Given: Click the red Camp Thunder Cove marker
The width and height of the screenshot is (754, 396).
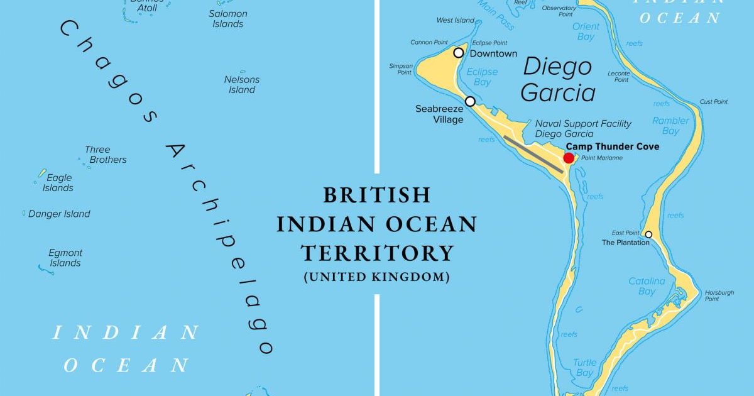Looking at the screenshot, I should [569, 158].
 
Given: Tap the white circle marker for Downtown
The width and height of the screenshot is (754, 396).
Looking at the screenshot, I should [459, 53].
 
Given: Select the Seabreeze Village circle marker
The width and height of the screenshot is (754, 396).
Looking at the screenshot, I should [470, 101].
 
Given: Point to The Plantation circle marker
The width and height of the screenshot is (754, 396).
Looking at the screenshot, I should [648, 234].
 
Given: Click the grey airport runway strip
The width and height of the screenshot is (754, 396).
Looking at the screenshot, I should [533, 154].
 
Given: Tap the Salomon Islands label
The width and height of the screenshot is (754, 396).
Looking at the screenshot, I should [227, 19].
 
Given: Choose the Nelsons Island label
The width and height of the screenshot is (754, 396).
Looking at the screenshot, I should [242, 84].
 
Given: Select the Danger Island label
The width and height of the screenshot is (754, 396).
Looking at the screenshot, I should [59, 214].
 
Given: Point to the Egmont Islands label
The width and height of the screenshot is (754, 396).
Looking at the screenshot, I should [65, 258].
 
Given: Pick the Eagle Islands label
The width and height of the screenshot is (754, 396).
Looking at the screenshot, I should [58, 183].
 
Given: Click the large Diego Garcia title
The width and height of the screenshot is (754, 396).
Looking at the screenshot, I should [558, 80].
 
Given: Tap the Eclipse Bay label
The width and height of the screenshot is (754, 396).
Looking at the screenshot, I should [482, 77].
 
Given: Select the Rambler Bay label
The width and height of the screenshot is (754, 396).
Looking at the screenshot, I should [670, 126].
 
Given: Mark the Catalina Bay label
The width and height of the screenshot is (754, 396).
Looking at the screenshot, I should [647, 286].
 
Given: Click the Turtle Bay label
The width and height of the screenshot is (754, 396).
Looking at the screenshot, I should [584, 368].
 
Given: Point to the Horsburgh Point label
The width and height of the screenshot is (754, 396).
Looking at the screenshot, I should [719, 295].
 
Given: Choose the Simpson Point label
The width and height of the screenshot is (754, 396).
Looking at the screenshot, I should [401, 69].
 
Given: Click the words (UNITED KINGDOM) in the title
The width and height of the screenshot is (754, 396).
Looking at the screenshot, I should [376, 277].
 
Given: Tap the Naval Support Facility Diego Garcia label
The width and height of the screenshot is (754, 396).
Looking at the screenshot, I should [583, 129].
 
